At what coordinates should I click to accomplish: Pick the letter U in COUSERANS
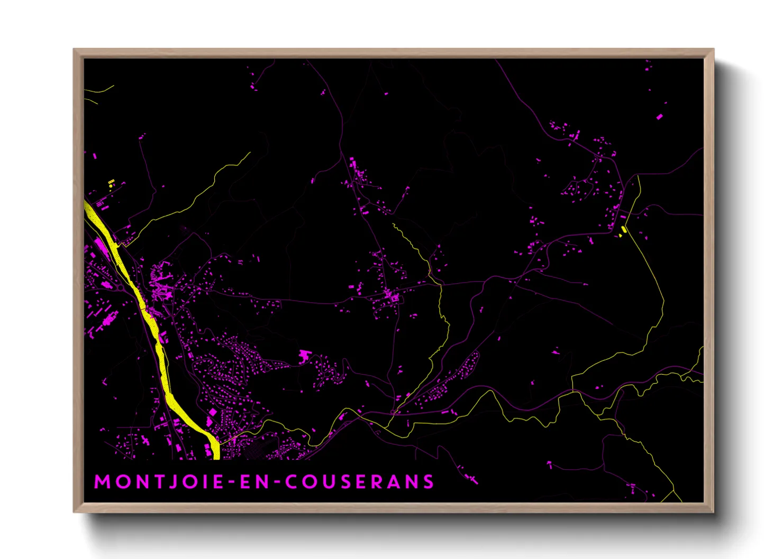click(x=330, y=482)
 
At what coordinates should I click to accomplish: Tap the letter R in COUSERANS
click(x=376, y=482)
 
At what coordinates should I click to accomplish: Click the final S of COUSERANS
click(x=429, y=482)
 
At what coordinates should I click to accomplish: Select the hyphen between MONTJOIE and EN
click(x=231, y=482)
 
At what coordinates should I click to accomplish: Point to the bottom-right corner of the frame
click(x=713, y=511)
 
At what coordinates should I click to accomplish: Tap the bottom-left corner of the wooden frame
click(x=75, y=511)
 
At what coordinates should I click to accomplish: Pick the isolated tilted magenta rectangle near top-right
click(x=659, y=116)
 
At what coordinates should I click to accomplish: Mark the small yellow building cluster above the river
click(x=111, y=183)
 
